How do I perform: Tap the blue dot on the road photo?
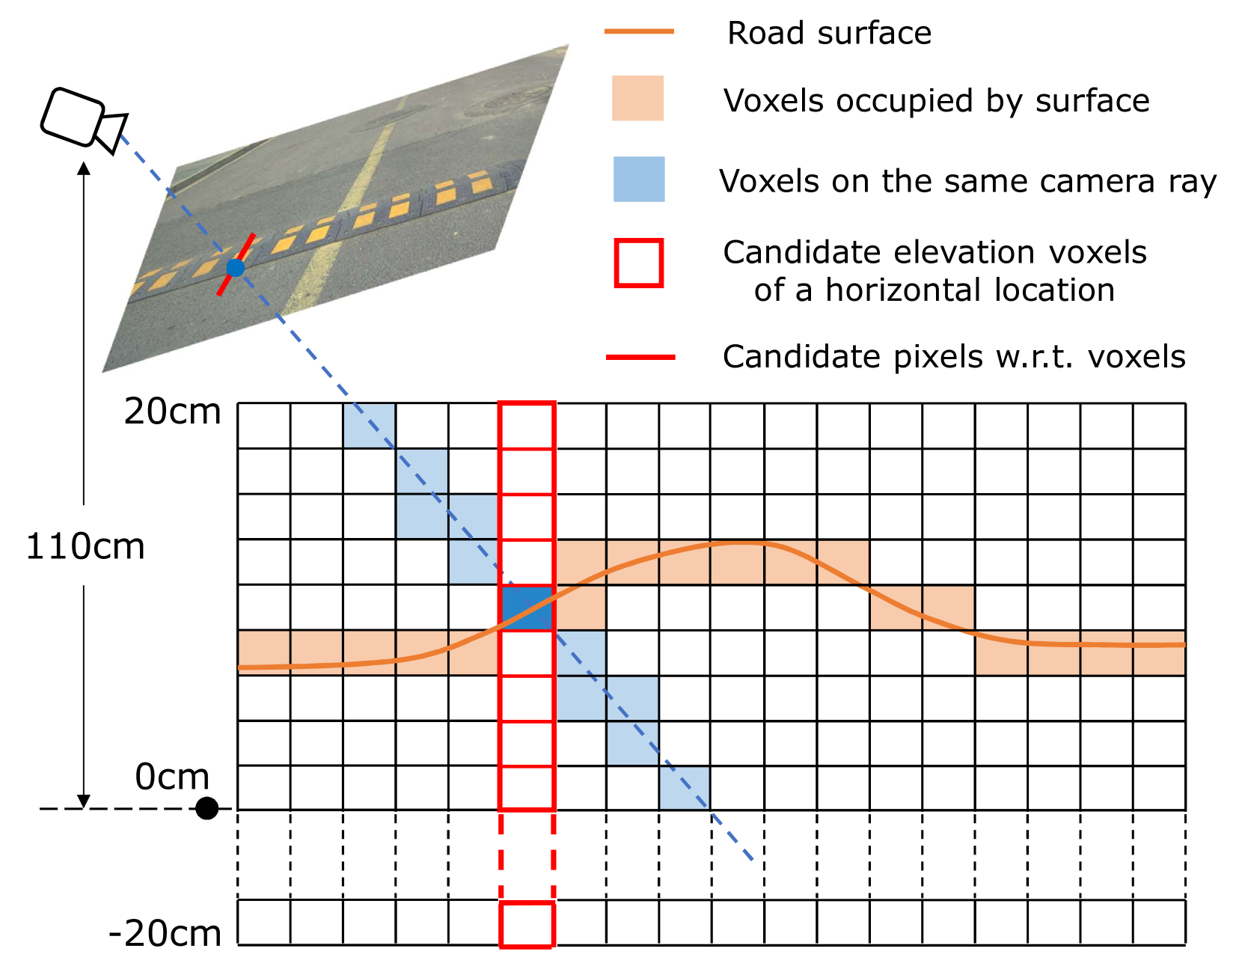coord(236,267)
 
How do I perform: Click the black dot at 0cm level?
coord(207,808)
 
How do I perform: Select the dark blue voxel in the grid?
coord(527,608)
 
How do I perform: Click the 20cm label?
coord(173,412)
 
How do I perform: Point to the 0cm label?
coord(172,777)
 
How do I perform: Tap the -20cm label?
coord(165,934)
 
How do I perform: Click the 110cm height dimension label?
coord(85,547)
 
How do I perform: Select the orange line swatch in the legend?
coord(639,31)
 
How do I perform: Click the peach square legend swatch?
coord(637,98)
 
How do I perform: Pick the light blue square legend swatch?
coord(639,179)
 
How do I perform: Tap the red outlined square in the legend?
coord(639,263)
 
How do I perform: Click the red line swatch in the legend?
coord(640,358)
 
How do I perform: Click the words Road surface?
coord(829,34)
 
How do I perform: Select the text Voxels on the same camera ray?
coord(967,182)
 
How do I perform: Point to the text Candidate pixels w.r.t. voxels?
coord(954,357)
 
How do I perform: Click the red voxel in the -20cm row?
coord(527,925)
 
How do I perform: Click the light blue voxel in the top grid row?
coord(369,425)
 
